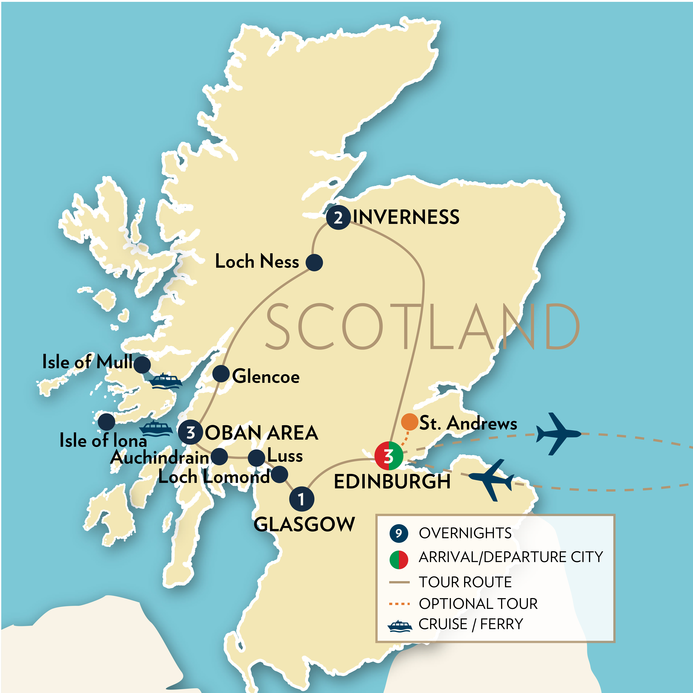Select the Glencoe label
pyautogui.click(x=266, y=377)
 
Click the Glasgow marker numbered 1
pyautogui.click(x=301, y=499)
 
